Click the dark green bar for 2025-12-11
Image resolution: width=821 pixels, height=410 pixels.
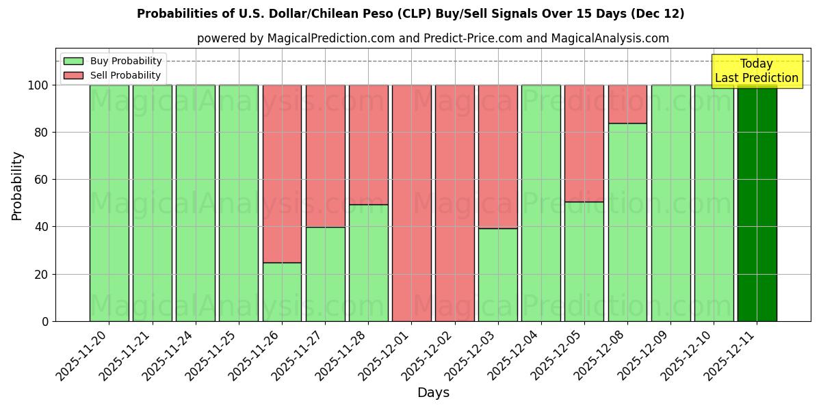click(x=757, y=203)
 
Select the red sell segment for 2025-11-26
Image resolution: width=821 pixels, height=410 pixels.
click(x=282, y=174)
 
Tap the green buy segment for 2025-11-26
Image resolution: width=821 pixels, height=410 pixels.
click(x=282, y=292)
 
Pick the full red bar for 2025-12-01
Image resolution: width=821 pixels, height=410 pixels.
click(x=412, y=203)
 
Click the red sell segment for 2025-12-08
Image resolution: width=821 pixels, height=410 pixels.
click(x=627, y=104)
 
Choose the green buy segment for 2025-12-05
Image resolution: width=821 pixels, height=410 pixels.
click(x=584, y=261)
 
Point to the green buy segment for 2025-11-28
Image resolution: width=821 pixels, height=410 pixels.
click(x=369, y=262)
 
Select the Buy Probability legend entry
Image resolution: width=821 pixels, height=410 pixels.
click(x=113, y=61)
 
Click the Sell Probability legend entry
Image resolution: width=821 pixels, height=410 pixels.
click(x=112, y=75)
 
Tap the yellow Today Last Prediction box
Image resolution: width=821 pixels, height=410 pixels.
click(x=757, y=71)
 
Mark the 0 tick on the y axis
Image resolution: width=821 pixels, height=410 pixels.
click(x=44, y=321)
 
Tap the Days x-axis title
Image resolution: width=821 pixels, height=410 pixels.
click(x=433, y=393)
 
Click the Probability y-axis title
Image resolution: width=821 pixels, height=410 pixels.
click(x=17, y=186)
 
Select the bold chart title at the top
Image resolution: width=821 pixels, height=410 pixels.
click(x=410, y=14)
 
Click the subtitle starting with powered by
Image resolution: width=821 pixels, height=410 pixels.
click(x=433, y=38)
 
